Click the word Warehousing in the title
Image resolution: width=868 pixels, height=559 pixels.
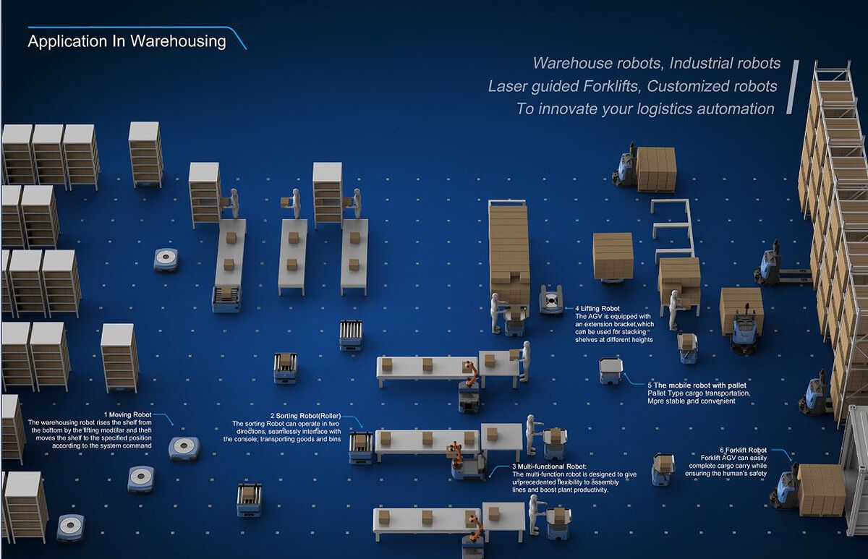(178, 42)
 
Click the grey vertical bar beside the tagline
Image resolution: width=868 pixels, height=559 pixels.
(792, 87)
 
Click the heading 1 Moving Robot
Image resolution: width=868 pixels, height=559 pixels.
(127, 414)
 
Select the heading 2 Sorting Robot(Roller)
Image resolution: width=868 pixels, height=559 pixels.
(305, 416)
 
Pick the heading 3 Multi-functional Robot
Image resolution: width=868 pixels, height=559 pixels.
(550, 466)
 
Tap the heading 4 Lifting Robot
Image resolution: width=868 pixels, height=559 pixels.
(597, 308)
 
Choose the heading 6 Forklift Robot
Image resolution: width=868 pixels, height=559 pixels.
(743, 450)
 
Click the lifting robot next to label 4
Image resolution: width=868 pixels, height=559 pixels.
(551, 299)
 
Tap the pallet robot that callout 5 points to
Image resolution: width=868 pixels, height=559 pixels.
(610, 371)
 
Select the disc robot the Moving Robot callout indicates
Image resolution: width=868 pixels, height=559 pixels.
(184, 448)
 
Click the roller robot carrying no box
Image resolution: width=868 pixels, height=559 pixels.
(351, 335)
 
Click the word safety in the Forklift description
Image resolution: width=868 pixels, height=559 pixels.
(757, 474)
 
